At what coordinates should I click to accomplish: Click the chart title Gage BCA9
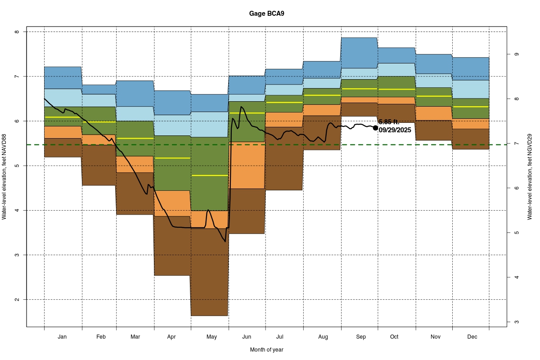pos(266,13)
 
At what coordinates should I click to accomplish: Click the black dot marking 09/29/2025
pos(376,128)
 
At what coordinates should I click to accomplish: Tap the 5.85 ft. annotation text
pos(389,122)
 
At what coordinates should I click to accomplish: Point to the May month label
pos(211,337)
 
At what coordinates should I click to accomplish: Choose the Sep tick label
pos(361,337)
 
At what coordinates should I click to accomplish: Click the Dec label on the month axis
pos(472,337)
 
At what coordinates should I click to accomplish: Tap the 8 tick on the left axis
pos(17,32)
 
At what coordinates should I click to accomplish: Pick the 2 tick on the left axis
pos(17,300)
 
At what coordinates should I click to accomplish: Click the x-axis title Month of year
pos(266,350)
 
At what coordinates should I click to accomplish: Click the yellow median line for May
pos(210,175)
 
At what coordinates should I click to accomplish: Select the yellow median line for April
pos(172,158)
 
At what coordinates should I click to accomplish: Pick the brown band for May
pos(210,279)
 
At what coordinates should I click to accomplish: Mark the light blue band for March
pos(135,114)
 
